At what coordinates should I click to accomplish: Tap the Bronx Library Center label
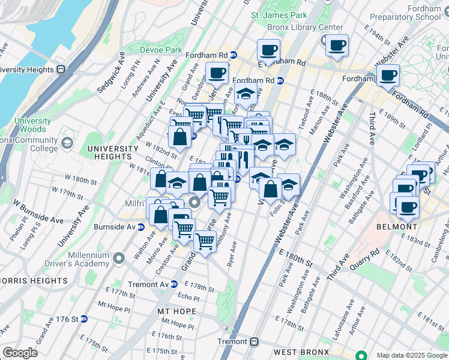pyautogui.click(x=306, y=27)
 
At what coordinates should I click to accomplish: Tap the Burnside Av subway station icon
pyautogui.click(x=140, y=227)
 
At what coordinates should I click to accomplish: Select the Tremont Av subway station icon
pyautogui.click(x=173, y=284)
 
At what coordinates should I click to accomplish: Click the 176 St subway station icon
pyautogui.click(x=84, y=319)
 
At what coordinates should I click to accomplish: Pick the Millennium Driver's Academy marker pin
pyautogui.click(x=119, y=259)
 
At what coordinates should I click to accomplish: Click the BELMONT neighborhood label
pyautogui.click(x=396, y=227)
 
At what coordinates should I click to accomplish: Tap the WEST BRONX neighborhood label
pyautogui.click(x=301, y=351)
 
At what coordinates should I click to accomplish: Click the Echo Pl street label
pyautogui.click(x=188, y=296)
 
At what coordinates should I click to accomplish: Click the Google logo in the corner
pyautogui.click(x=20, y=353)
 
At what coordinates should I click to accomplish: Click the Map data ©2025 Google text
pyautogui.click(x=412, y=355)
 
